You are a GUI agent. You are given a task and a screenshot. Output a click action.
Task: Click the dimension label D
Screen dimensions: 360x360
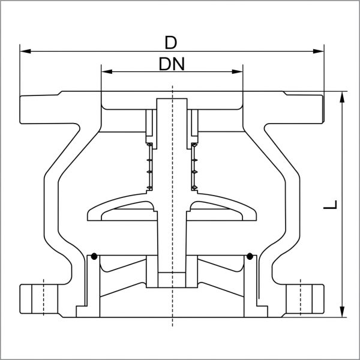click(171, 43)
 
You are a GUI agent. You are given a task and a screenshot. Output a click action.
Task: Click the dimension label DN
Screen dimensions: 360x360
click(172, 64)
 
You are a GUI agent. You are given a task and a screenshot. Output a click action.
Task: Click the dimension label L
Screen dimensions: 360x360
click(331, 205)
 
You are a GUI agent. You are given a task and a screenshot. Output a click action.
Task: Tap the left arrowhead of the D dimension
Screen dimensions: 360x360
click(25, 51)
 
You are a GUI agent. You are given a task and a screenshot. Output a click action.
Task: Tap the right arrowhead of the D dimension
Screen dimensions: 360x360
click(319, 51)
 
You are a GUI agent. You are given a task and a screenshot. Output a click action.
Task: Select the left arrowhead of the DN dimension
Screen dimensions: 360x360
click(107, 71)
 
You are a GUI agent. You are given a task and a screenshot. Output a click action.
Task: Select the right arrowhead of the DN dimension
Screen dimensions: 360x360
click(237, 71)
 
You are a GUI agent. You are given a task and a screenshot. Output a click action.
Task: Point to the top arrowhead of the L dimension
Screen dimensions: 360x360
click(342, 97)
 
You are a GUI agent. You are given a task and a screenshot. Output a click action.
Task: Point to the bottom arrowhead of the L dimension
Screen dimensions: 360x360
click(342, 312)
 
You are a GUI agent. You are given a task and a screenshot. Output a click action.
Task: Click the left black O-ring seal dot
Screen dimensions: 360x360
click(94, 256)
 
